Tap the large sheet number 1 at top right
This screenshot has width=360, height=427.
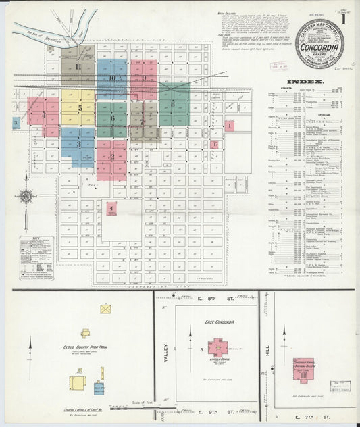(x=345, y=20)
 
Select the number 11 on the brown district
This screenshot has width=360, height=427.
(x=78, y=66)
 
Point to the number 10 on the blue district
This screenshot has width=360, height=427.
(x=111, y=78)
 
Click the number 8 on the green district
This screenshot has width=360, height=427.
(x=173, y=103)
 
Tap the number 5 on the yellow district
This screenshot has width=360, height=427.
(x=80, y=108)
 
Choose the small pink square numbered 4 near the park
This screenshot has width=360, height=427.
(x=111, y=209)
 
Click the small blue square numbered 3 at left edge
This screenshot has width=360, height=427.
(x=16, y=123)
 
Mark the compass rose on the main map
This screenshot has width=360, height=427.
(x=26, y=197)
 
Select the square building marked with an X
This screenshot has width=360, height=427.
(x=105, y=309)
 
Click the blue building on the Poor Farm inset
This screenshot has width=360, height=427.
(x=99, y=388)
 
